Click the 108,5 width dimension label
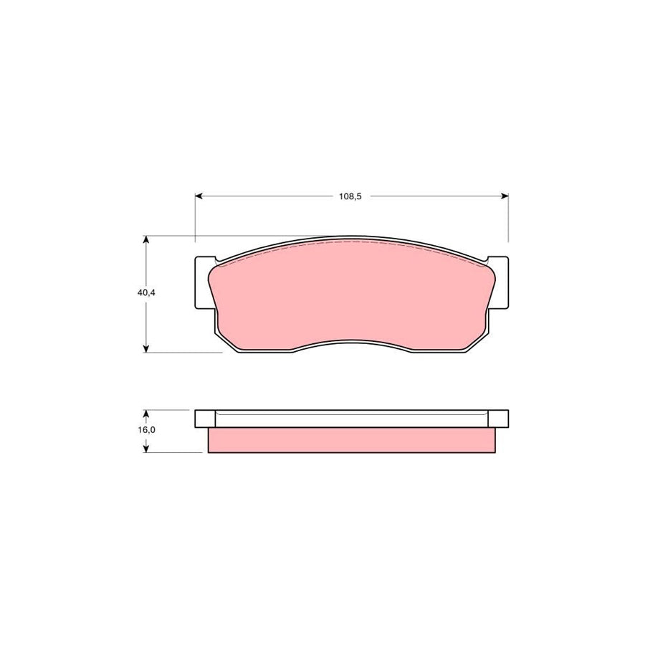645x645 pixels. pos(350,196)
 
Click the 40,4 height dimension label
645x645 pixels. pos(146,293)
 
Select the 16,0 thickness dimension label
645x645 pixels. pos(146,430)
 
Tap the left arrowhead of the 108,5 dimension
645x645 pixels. pos(199,196)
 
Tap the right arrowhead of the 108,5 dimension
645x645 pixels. pos(505,196)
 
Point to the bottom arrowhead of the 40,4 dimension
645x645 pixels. pos(145,348)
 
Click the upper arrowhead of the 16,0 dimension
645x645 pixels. pos(145,414)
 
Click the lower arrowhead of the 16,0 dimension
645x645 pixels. pos(145,449)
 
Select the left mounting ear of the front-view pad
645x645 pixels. pos(204,282)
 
